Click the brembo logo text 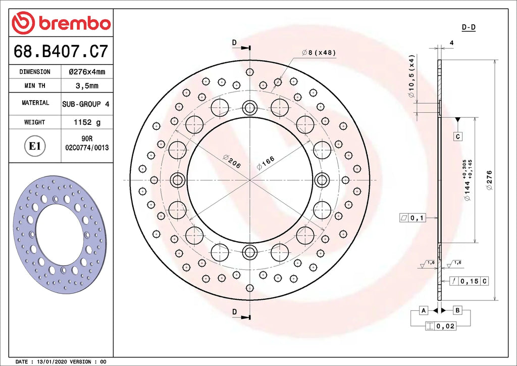tap(75, 23)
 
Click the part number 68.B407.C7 tap(61, 51)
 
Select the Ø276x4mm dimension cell tap(87, 72)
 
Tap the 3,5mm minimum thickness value tap(87, 86)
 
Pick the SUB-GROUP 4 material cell tap(86, 104)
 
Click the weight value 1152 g tap(87, 122)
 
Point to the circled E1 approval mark tap(35, 146)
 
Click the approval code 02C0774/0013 tap(87, 148)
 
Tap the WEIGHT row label tap(35, 122)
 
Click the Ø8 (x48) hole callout tap(319, 53)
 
